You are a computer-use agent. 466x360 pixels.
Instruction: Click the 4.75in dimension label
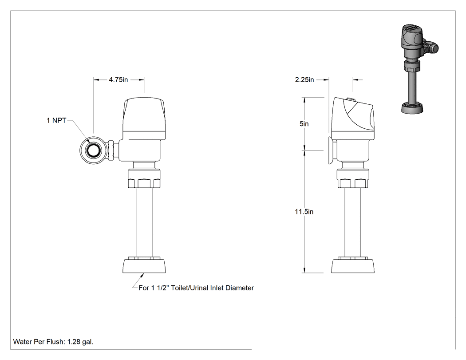click(118, 79)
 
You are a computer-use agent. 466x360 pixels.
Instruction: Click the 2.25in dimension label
click(304, 79)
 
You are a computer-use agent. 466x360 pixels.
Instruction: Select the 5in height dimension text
click(304, 124)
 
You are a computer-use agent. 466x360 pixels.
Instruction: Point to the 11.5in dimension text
click(304, 212)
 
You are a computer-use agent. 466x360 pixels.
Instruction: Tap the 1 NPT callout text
click(56, 120)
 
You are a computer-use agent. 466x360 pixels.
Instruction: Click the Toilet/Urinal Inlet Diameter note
click(196, 288)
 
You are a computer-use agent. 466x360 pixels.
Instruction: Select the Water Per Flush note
click(53, 341)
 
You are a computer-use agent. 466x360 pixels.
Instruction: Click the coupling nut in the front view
click(144, 178)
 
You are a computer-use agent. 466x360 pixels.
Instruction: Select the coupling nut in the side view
click(353, 178)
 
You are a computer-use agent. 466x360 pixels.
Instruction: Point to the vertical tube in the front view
click(144, 222)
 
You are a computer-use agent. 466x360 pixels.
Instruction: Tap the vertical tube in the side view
click(353, 222)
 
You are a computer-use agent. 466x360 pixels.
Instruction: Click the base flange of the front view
click(144, 265)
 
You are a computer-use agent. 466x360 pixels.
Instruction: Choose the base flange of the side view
click(353, 265)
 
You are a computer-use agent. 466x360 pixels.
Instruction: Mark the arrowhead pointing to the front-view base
click(142, 275)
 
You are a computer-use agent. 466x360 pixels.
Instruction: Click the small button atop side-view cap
click(351, 99)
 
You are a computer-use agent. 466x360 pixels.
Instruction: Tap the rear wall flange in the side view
click(330, 150)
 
